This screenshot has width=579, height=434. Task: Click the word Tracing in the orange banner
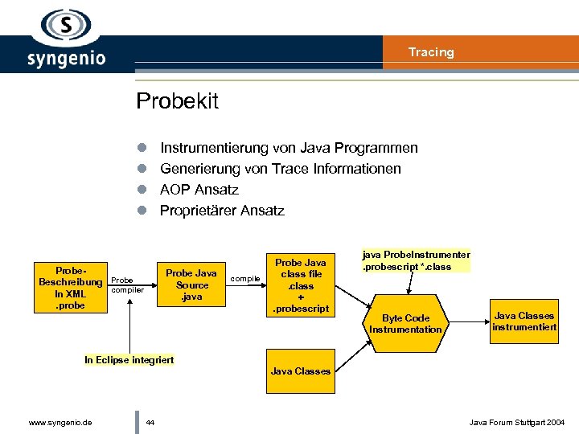[431, 52]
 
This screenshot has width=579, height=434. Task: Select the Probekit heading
[177, 101]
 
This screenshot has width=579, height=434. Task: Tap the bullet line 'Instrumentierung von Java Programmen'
[289, 148]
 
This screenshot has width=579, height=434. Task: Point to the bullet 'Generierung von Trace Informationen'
[280, 169]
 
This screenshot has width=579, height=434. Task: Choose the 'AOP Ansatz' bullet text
[199, 190]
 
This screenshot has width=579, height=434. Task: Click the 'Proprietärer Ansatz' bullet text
[222, 211]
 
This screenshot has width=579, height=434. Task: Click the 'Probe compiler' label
[126, 285]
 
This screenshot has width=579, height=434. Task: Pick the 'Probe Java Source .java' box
[191, 285]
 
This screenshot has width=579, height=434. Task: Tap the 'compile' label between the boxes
[244, 279]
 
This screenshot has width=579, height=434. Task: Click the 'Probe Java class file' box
[301, 285]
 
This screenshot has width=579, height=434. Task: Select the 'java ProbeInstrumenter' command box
[416, 260]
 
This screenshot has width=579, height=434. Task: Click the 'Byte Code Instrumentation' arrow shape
[405, 323]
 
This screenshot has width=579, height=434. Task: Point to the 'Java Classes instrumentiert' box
[524, 321]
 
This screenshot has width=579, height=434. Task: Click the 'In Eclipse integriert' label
[129, 359]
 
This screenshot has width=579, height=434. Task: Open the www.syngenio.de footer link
[60, 422]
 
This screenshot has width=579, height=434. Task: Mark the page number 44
[150, 422]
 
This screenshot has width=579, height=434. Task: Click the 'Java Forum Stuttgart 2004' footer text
[517, 422]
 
